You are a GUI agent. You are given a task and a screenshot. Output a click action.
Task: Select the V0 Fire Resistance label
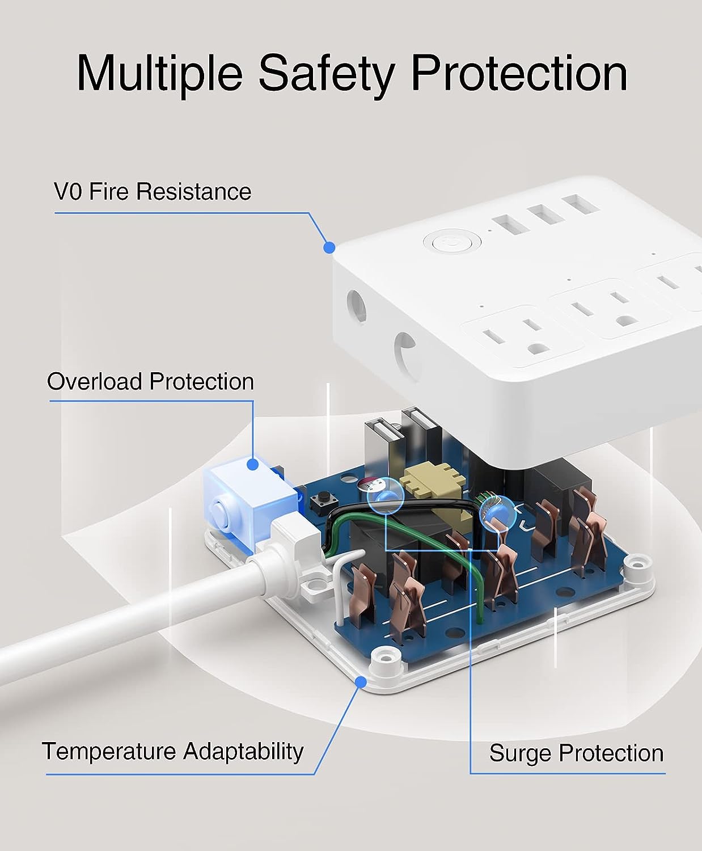point(153,192)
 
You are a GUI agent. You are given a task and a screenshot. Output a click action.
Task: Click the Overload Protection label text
point(150,381)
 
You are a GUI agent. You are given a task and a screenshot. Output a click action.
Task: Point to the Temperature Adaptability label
point(173,751)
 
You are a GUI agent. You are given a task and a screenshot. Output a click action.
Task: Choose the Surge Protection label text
point(576,753)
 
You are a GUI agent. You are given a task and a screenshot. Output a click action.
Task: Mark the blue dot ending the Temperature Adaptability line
point(360,683)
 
